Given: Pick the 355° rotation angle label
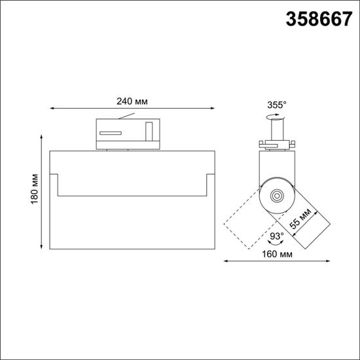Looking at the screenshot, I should pos(277,105).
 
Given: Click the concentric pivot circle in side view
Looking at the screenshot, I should pos(276,195).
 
